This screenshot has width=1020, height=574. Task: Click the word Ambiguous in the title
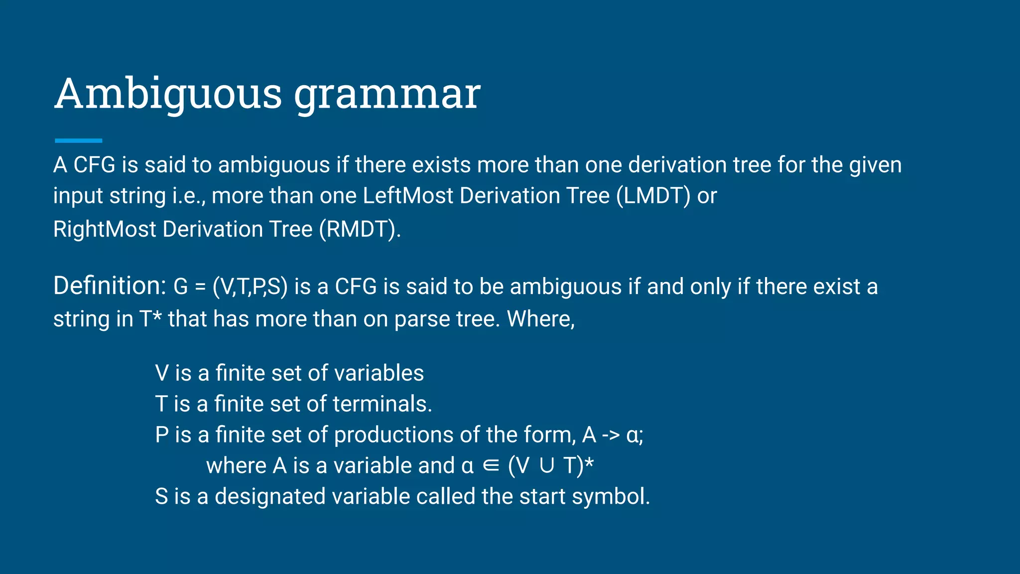(x=168, y=94)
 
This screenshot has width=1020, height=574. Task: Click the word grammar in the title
(x=387, y=95)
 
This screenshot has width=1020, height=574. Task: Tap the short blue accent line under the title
(x=78, y=141)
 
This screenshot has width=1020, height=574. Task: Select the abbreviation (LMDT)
(x=653, y=196)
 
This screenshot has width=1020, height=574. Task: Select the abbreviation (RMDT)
(x=360, y=229)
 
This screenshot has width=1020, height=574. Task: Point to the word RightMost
(x=105, y=229)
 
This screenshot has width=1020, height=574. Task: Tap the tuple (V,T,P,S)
(x=250, y=287)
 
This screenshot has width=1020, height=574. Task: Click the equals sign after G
(x=200, y=287)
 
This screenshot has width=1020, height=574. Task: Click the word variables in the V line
(x=379, y=373)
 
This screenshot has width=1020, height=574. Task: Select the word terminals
(x=382, y=404)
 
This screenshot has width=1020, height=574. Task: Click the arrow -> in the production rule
(x=611, y=435)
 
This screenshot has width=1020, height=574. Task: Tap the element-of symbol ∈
(x=491, y=466)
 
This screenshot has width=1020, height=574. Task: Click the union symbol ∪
(x=546, y=466)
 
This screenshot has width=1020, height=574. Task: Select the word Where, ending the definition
(x=540, y=319)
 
